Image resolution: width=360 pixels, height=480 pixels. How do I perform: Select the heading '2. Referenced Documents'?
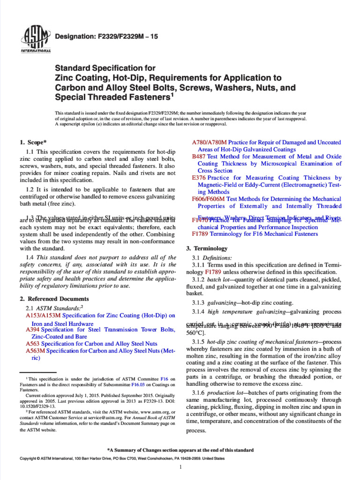pos(54,299)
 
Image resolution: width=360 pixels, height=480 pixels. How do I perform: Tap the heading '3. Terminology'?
pos(207,248)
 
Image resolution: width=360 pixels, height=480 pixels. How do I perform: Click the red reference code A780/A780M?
pos(210,142)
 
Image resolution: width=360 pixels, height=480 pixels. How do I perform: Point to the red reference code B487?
pos(199,157)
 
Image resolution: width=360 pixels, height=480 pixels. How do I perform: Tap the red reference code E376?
pos(199,178)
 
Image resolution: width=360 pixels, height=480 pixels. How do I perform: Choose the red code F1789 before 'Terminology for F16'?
pos(200,233)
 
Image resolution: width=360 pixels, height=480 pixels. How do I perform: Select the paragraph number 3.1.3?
pos(199,302)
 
